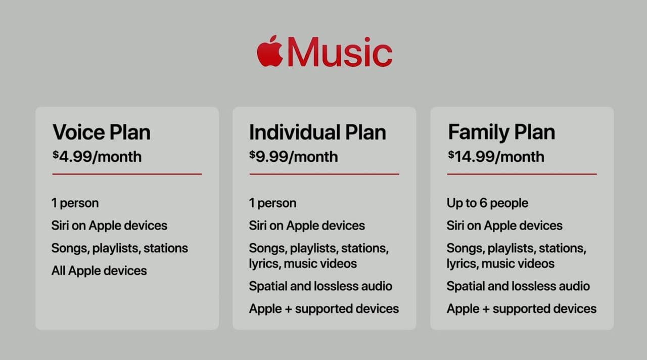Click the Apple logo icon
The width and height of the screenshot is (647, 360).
coord(270,52)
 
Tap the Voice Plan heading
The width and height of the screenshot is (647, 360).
coord(102,132)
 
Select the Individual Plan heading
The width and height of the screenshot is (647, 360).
coord(317,132)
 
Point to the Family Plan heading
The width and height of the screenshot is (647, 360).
coord(501,132)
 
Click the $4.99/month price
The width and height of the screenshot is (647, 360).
coord(97,157)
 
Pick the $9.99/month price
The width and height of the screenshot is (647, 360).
coord(294,157)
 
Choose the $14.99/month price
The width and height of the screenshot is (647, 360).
coord(496,157)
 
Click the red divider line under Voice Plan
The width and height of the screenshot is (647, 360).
coord(127,174)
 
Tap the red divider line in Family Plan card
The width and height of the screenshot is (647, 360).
coord(522,174)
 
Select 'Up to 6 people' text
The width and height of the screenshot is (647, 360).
coord(488,203)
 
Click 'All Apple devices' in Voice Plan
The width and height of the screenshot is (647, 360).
coord(99,271)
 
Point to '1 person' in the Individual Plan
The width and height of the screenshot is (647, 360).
coord(272,203)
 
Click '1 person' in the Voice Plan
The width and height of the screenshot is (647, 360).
coord(75,203)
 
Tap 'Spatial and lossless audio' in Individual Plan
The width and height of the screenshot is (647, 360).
coord(320,286)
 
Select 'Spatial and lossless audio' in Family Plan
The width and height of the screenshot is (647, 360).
coord(518,286)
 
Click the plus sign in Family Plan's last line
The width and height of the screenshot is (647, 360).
coord(486,309)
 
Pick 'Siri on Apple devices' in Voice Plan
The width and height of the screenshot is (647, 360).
coord(109,226)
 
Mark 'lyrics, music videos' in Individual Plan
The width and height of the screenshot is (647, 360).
coord(303,264)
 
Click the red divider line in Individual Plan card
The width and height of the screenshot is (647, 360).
coord(325,174)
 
